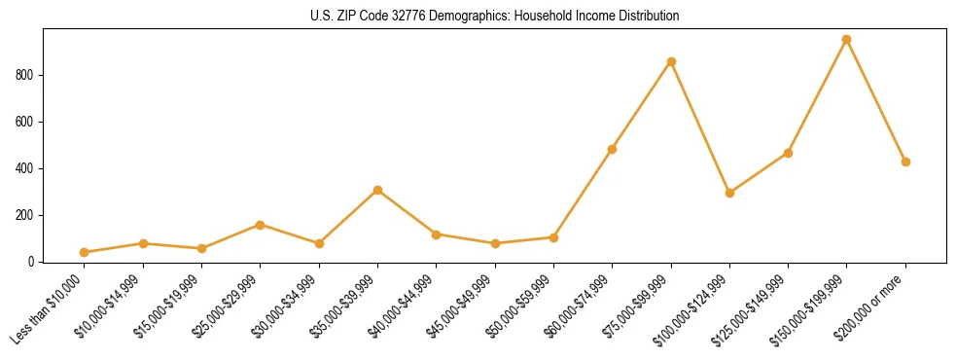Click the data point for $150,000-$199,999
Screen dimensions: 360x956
pyautogui.click(x=846, y=40)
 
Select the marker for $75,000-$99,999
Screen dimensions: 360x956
pyautogui.click(x=671, y=61)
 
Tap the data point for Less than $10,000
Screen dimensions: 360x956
pyautogui.click(x=84, y=252)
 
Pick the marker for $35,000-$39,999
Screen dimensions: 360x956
pyautogui.click(x=377, y=190)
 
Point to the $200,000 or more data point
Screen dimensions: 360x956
pyautogui.click(x=905, y=162)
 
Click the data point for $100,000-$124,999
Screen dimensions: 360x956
pyautogui.click(x=729, y=193)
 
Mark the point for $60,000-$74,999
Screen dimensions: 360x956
pyautogui.click(x=612, y=149)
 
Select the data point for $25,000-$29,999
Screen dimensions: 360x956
pyautogui.click(x=260, y=225)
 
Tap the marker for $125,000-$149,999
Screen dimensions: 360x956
pyautogui.click(x=788, y=153)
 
